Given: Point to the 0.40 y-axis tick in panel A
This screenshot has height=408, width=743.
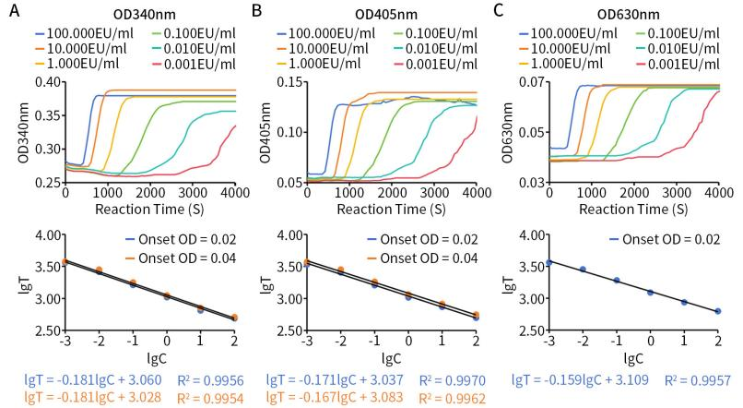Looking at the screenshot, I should [x=48, y=82].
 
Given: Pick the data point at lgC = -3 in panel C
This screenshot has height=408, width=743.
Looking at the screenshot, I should [x=549, y=262].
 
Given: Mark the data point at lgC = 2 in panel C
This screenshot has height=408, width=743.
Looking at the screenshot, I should [x=717, y=311].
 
